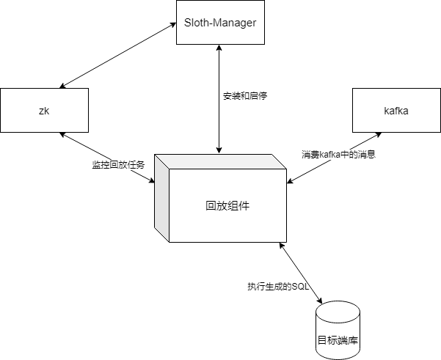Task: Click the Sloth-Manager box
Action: [219, 22]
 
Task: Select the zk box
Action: [44, 111]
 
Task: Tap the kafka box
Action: [396, 111]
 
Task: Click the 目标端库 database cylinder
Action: [338, 331]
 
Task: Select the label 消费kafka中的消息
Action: [338, 155]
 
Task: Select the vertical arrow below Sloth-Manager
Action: [218, 125]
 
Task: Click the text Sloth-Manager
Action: [219, 22]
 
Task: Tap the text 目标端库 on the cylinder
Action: [338, 341]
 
